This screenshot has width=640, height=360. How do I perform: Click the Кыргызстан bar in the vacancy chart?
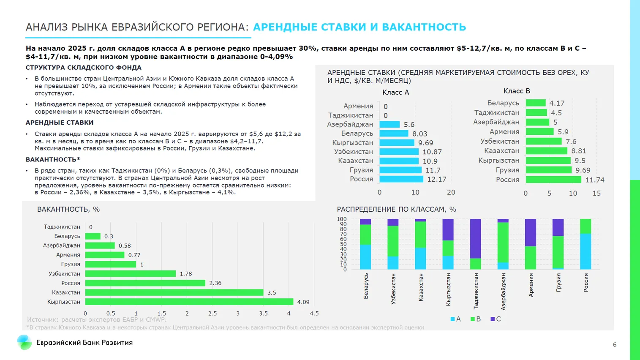click(x=189, y=302)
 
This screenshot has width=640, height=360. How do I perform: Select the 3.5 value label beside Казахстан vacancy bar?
click(x=272, y=292)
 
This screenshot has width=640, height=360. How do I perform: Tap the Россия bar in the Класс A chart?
click(x=401, y=179)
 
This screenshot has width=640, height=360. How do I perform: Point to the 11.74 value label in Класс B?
click(x=595, y=180)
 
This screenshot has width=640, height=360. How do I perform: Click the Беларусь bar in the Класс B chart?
click(x=536, y=103)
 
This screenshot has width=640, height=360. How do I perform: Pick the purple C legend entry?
click(x=496, y=319)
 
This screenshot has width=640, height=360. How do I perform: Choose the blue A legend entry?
click(x=455, y=319)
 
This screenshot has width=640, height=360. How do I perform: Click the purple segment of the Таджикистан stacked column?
click(x=476, y=239)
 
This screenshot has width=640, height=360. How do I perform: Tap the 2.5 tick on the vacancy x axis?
click(x=212, y=314)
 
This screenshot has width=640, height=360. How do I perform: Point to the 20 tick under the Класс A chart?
click(x=451, y=192)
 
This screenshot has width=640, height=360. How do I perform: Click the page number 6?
click(x=615, y=345)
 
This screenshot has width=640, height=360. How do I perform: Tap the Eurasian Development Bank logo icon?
click(x=25, y=342)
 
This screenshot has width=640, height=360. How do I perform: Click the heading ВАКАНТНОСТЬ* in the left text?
click(x=53, y=159)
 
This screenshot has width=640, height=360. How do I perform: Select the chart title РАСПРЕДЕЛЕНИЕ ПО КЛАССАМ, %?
click(x=396, y=209)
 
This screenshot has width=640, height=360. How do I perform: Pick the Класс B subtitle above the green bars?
click(x=516, y=91)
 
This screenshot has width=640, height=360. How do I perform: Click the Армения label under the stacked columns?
click(x=531, y=285)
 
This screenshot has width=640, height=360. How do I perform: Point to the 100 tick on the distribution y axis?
click(x=341, y=219)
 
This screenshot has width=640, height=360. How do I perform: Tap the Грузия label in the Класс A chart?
click(x=361, y=170)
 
